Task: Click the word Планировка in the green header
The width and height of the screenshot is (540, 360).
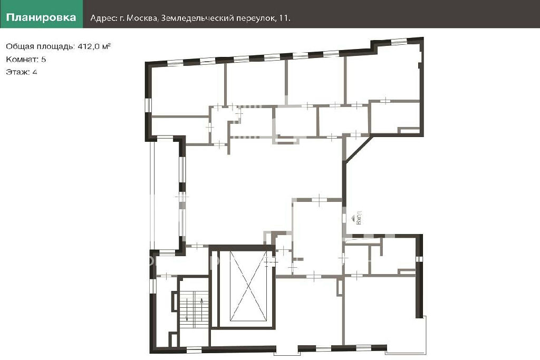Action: [x=41, y=17]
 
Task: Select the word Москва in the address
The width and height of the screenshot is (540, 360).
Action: [x=141, y=18]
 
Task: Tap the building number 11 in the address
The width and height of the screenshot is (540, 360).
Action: [x=284, y=18]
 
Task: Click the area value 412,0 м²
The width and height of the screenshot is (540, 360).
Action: [x=94, y=46]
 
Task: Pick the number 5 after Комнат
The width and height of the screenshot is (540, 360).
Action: [x=43, y=59]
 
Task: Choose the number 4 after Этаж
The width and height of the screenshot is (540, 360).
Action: [x=35, y=72]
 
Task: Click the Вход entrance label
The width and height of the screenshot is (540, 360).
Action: [x=359, y=218]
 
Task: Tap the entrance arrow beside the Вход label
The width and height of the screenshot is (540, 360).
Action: [x=353, y=218]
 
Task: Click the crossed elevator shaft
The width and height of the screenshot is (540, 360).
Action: [x=248, y=286]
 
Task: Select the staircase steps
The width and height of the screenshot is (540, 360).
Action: [x=194, y=309]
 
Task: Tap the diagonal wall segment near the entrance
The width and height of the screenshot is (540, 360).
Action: [x=359, y=148]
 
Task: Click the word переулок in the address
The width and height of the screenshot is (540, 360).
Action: [x=255, y=18]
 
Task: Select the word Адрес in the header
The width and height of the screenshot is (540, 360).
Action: [x=103, y=18]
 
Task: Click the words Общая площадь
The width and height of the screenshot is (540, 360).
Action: [x=40, y=46]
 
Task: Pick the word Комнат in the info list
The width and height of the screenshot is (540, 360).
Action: [x=22, y=59]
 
